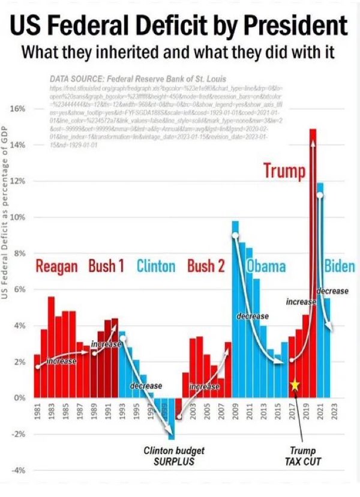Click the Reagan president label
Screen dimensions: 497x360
[x=57, y=266]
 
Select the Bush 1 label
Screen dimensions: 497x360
[x=106, y=265]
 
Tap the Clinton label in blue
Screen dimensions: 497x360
[x=155, y=266]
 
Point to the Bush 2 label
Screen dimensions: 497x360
[x=205, y=265]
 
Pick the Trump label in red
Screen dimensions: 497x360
[x=285, y=170]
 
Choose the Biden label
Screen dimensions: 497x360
[x=339, y=266]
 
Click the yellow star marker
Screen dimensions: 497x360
[x=295, y=385]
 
